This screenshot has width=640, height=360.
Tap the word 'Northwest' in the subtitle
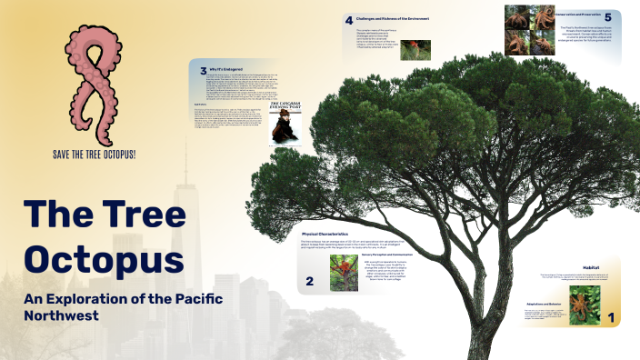click(x=63, y=316)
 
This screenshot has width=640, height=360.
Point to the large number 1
click(x=612, y=318)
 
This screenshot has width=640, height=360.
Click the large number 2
click(x=310, y=282)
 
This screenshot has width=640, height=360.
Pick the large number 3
click(x=204, y=71)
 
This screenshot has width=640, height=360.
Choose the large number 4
click(x=348, y=19)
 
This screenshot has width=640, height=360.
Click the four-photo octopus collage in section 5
click(x=532, y=32)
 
